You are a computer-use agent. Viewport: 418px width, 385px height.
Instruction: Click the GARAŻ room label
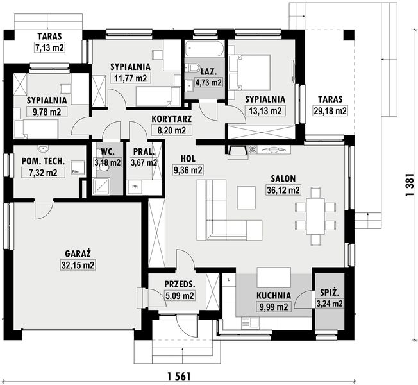78,253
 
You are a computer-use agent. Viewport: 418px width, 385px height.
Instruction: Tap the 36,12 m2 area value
283,190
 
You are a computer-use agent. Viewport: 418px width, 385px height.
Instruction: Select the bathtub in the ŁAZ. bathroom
204,49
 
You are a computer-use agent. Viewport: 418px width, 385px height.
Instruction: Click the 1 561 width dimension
180,377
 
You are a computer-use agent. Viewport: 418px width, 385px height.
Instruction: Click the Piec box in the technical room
78,168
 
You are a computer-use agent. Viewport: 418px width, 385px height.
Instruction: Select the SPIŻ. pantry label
330,293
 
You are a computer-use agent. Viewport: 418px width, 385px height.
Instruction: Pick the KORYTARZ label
171,119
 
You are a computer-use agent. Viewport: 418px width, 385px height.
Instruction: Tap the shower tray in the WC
101,185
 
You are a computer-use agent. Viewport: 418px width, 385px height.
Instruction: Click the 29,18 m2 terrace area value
330,111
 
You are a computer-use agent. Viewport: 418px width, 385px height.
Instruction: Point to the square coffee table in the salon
247,198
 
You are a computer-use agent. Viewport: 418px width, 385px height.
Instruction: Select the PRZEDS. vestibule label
180,284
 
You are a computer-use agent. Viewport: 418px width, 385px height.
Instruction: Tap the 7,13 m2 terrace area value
49,47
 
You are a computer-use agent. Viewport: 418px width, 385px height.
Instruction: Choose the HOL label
188,158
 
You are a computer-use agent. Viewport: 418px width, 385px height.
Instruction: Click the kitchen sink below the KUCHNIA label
250,322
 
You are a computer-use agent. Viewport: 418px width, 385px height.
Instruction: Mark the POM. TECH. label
43,161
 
